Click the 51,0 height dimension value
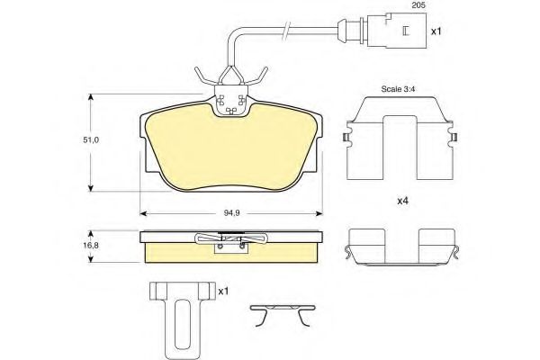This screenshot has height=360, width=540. pos(91,140)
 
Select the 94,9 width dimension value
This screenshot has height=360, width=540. pos(232,213)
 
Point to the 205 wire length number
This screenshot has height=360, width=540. pos(418,4)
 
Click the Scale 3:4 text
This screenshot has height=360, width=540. pos(398,89)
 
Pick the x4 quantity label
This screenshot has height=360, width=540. pos(402,201)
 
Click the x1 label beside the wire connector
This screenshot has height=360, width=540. pos(436,31)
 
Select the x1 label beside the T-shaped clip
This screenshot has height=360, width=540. pos(223,292)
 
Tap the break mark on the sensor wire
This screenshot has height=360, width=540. pos(286,30)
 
